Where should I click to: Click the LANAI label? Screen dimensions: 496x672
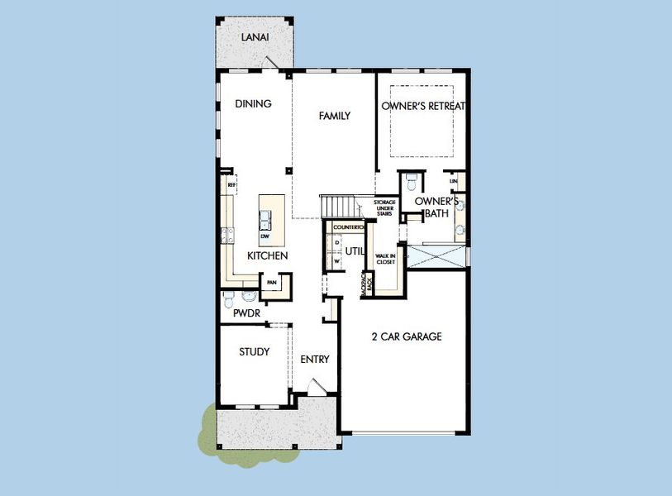[253, 37]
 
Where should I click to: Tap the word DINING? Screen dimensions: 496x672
[253, 103]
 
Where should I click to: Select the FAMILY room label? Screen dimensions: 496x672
[335, 116]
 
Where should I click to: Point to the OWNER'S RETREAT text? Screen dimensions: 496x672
[424, 106]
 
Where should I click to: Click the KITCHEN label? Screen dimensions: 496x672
[267, 256]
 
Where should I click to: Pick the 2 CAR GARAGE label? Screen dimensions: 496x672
[407, 336]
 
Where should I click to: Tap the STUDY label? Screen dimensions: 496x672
[255, 352]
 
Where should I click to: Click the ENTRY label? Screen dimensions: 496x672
[315, 360]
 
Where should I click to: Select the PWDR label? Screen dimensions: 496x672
[245, 315]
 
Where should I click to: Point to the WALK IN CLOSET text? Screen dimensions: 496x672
[384, 260]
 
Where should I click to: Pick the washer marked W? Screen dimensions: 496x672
[337, 261]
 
